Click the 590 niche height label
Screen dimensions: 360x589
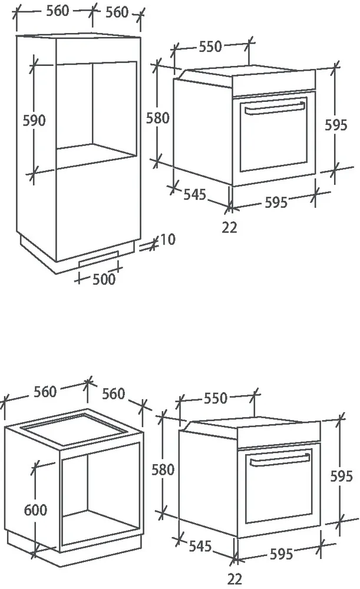click(34, 121)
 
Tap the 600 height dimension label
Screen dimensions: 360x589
click(36, 509)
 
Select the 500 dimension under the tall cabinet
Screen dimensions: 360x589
click(104, 279)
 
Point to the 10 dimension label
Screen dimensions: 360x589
click(167, 239)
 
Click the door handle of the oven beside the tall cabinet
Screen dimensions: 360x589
click(275, 108)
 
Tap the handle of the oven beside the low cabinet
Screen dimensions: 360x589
click(280, 459)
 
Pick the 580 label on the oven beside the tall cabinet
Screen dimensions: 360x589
click(158, 118)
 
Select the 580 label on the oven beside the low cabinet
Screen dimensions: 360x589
click(163, 469)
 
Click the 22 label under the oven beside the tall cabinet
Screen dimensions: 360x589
click(229, 227)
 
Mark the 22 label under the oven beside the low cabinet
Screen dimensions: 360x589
click(235, 579)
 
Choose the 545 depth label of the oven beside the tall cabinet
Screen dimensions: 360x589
click(195, 194)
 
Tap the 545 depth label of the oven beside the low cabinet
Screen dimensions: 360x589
click(200, 546)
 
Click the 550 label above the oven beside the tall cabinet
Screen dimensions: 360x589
click(210, 47)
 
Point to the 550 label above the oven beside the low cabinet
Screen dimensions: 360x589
click(216, 398)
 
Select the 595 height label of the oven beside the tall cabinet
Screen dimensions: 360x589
click(336, 125)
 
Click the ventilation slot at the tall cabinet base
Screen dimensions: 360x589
click(99, 259)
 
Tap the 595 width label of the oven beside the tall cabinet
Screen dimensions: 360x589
click(276, 203)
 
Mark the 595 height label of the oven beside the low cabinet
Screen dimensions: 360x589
click(342, 477)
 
